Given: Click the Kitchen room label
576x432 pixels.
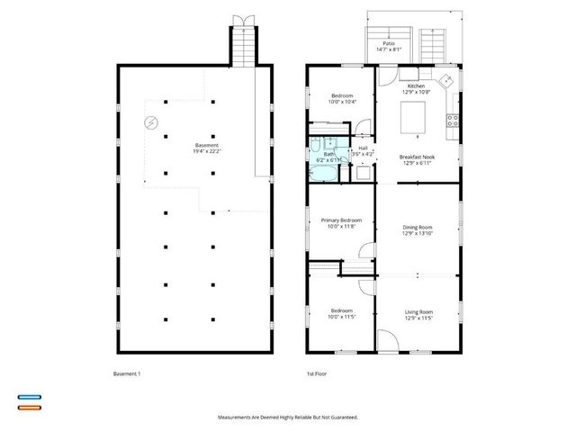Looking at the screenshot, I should pos(416,86).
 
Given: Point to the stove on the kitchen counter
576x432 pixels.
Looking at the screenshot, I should pos(453,119).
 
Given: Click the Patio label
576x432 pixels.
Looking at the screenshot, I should pos(389,42).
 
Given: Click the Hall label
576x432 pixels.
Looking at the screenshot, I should pos(364,148).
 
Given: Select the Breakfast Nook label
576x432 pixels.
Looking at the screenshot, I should pos(416,157).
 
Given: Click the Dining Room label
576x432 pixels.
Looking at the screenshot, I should pos(418,227).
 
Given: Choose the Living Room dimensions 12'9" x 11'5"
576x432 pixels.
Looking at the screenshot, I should pos(418,318).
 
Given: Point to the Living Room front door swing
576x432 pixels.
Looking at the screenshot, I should pos(384,342).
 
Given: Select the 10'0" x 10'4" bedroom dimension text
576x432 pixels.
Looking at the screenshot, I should pos(342,102).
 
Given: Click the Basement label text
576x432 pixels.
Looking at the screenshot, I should pos(206,146).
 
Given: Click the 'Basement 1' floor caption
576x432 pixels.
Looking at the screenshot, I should pos(128,373).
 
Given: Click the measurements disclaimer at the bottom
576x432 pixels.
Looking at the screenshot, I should pos(288,418).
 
